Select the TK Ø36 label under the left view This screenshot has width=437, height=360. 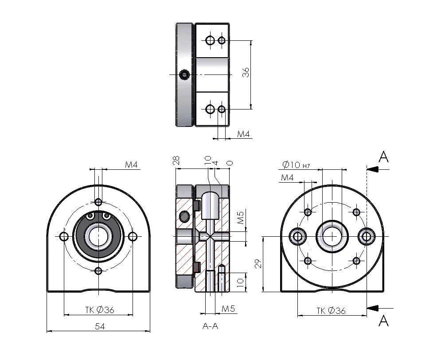coord(100,310)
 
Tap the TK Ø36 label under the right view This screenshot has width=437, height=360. coord(331,310)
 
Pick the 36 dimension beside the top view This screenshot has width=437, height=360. coord(246,73)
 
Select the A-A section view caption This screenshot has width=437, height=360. coord(210,326)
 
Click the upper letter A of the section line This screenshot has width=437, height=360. coord(384,157)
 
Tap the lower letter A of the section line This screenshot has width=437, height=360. coord(384,321)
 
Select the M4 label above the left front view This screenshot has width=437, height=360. coord(132,165)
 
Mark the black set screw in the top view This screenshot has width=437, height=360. coord(184,75)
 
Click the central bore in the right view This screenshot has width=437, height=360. coord(332,236)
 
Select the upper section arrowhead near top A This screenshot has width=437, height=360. coord(372,169)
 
